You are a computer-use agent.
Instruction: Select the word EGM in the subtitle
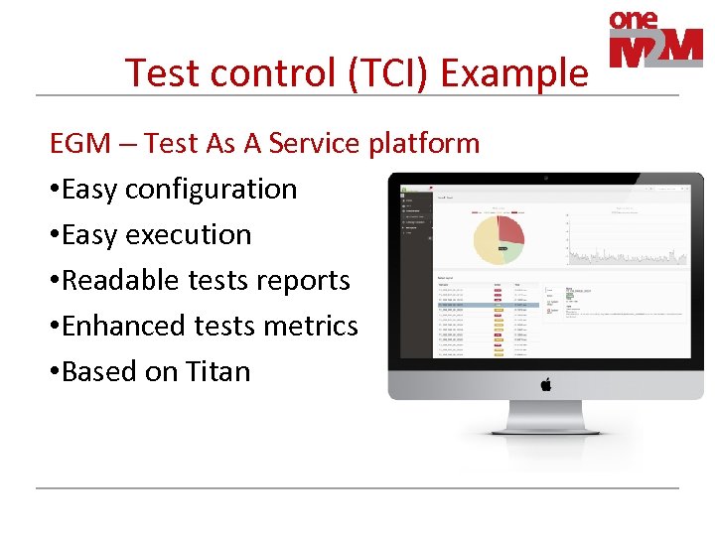pos(80,144)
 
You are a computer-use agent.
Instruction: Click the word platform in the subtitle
pos(424,144)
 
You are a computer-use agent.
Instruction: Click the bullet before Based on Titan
pos(55,372)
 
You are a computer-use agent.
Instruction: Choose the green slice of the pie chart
pos(512,252)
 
